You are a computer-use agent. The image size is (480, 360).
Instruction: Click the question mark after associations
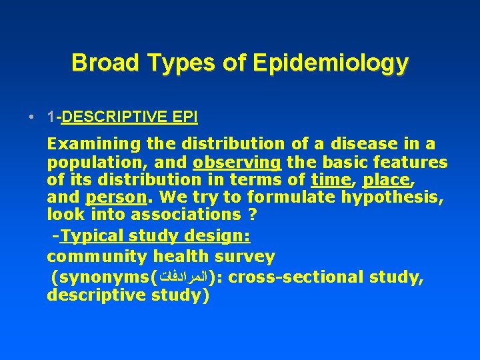pos(253,215)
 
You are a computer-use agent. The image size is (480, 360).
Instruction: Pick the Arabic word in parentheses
pos(180,277)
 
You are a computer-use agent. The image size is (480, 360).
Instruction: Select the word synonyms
pos(103,277)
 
